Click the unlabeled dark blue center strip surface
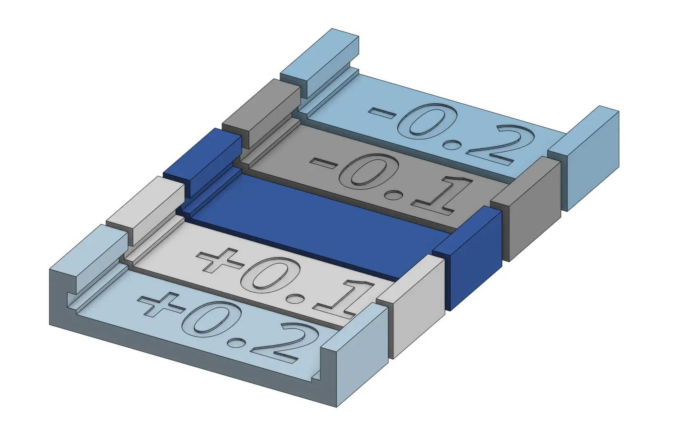[312, 221]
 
